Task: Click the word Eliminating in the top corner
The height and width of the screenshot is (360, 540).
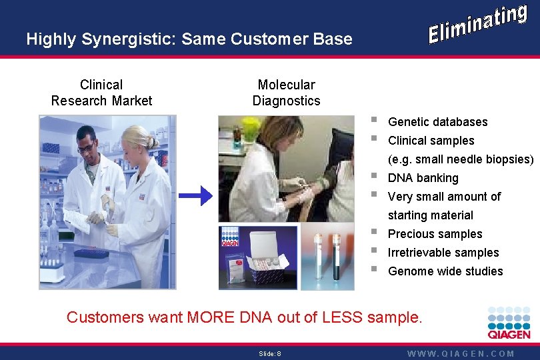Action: pyautogui.click(x=478, y=24)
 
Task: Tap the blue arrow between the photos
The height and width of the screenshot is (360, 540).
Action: pyautogui.click(x=195, y=196)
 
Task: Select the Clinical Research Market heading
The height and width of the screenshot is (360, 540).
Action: pyautogui.click(x=101, y=93)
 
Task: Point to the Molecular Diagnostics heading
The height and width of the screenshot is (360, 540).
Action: pyautogui.click(x=287, y=93)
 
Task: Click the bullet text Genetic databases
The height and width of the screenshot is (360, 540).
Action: pyautogui.click(x=438, y=122)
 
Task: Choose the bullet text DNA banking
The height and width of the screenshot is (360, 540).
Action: pyautogui.click(x=423, y=178)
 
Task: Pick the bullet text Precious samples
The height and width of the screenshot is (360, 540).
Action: pyautogui.click(x=435, y=234)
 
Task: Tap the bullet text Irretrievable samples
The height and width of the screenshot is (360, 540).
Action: pyautogui.click(x=443, y=253)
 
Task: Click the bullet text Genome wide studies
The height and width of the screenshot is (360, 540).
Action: pyautogui.click(x=445, y=271)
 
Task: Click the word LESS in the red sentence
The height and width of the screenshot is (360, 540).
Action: pyautogui.click(x=342, y=317)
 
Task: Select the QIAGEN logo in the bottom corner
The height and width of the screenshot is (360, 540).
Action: pyautogui.click(x=509, y=323)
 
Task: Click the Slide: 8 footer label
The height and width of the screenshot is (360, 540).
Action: pyautogui.click(x=270, y=354)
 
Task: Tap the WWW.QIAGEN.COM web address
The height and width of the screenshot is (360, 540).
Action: pyautogui.click(x=461, y=354)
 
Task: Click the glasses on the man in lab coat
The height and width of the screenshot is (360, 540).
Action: pyautogui.click(x=86, y=147)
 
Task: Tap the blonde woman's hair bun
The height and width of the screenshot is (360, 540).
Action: pyautogui.click(x=151, y=141)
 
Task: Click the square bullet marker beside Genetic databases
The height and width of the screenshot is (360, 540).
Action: pyautogui.click(x=374, y=120)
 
